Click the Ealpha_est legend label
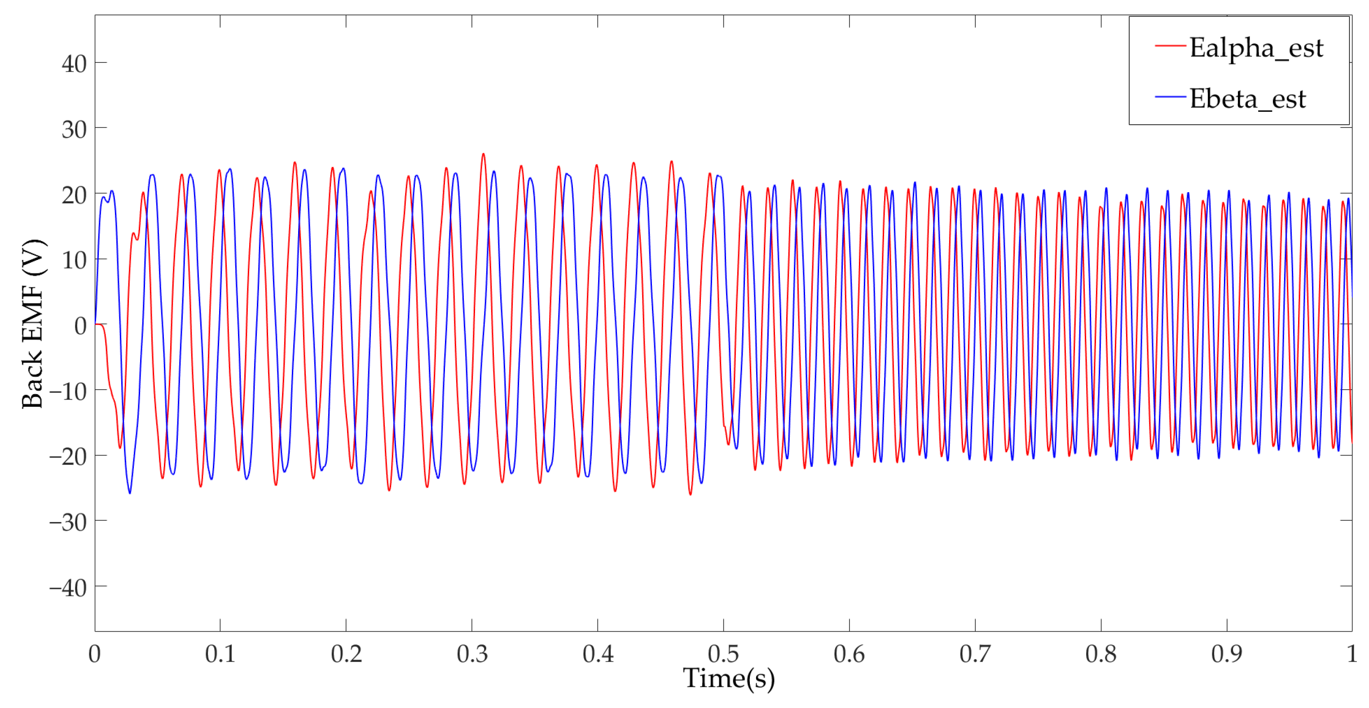pyautogui.click(x=1256, y=48)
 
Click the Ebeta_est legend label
pyautogui.click(x=1247, y=99)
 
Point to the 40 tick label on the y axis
pyautogui.click(x=74, y=64)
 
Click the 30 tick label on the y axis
pyautogui.click(x=74, y=129)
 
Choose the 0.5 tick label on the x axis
pyautogui.click(x=723, y=653)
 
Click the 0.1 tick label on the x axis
pyautogui.click(x=220, y=653)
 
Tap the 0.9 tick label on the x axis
pyautogui.click(x=1227, y=653)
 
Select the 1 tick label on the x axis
pyautogui.click(x=1351, y=653)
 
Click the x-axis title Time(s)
pyautogui.click(x=729, y=678)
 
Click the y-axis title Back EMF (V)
pyautogui.click(x=33, y=324)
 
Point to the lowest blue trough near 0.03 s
pyautogui.click(x=130, y=493)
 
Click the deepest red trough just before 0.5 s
pyautogui.click(x=691, y=494)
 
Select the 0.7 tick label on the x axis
pyautogui.click(x=975, y=653)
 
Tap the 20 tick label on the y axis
pyautogui.click(x=74, y=195)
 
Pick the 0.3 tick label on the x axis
pyautogui.click(x=472, y=653)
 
